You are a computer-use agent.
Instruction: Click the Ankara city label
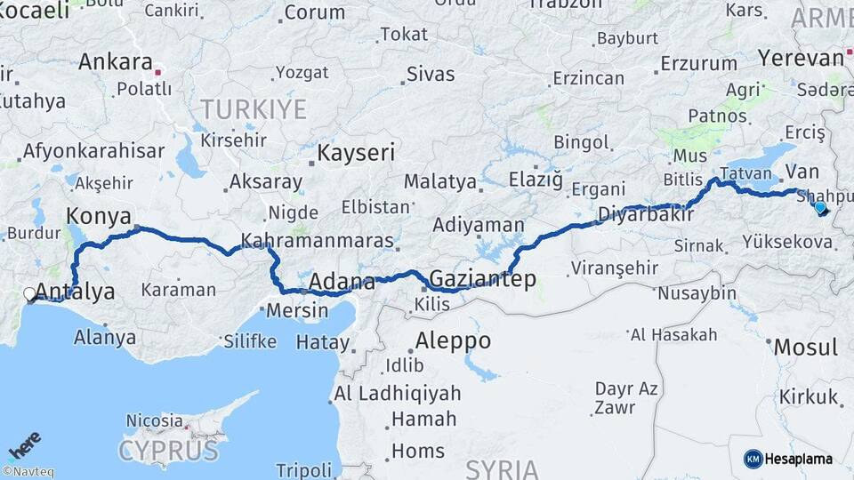(x=116, y=62)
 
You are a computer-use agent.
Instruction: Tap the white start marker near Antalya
(x=29, y=293)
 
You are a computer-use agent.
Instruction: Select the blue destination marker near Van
(x=819, y=208)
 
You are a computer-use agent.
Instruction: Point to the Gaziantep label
(x=482, y=279)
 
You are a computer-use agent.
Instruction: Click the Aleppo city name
(x=453, y=340)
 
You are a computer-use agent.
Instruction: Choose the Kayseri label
(x=356, y=152)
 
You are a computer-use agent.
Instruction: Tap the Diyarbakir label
(x=645, y=214)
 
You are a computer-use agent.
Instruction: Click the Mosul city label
(x=805, y=347)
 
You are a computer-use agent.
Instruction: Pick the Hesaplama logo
(x=788, y=459)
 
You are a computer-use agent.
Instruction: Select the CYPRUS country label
(x=168, y=450)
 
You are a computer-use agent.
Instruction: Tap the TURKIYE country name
(x=253, y=109)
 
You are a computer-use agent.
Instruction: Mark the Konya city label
(x=99, y=216)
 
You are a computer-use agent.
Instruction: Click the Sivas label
(x=430, y=74)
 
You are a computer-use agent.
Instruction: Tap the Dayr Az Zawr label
(x=627, y=397)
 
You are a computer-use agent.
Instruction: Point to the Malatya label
(x=439, y=181)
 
